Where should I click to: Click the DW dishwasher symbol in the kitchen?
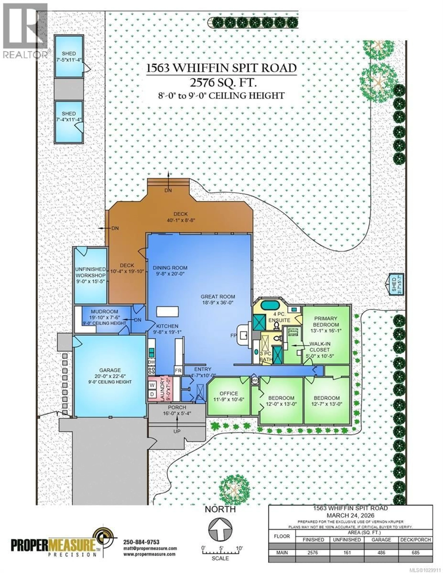point(151,362)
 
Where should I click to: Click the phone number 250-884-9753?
point(141,542)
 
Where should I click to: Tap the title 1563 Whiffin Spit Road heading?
point(221,68)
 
